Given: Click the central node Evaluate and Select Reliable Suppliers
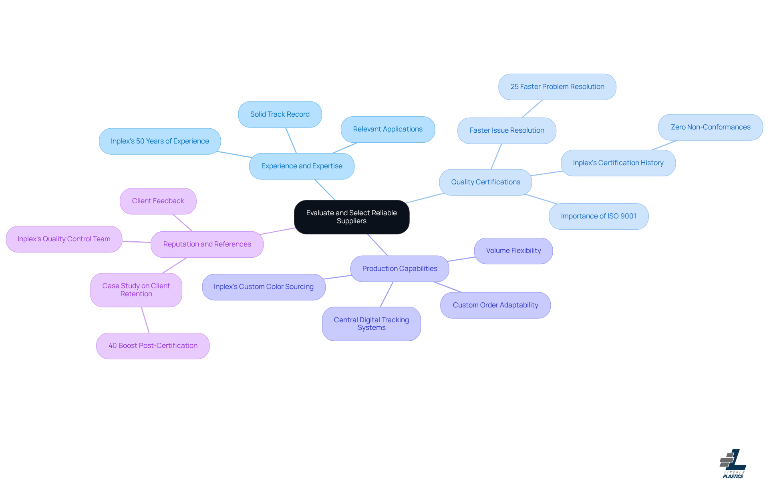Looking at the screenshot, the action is point(351,217).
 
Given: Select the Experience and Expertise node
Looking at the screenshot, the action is point(302,166).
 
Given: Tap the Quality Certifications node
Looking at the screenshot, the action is point(485,182).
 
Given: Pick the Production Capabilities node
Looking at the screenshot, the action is point(399,269).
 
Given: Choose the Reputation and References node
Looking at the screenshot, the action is point(207,244).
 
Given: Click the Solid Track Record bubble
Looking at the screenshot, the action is point(280,114).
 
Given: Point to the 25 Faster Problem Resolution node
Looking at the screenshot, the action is point(557,87).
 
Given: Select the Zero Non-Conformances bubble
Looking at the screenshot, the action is point(710,127).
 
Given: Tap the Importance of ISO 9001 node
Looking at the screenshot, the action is point(598,216).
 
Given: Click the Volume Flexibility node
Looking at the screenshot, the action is point(513,251).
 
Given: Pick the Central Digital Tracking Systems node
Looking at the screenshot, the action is point(371,323).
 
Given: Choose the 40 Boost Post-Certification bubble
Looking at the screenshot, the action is point(153,346).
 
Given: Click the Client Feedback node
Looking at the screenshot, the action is point(158,201).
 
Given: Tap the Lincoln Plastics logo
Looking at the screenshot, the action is point(733,464).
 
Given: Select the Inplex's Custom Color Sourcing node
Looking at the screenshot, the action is point(264,287).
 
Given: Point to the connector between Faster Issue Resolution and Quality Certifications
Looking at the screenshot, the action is point(496,156).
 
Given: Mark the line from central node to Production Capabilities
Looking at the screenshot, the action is point(378,245).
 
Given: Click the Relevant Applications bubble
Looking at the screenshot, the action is point(387,129).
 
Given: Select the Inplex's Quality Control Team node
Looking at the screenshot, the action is point(64,239).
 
